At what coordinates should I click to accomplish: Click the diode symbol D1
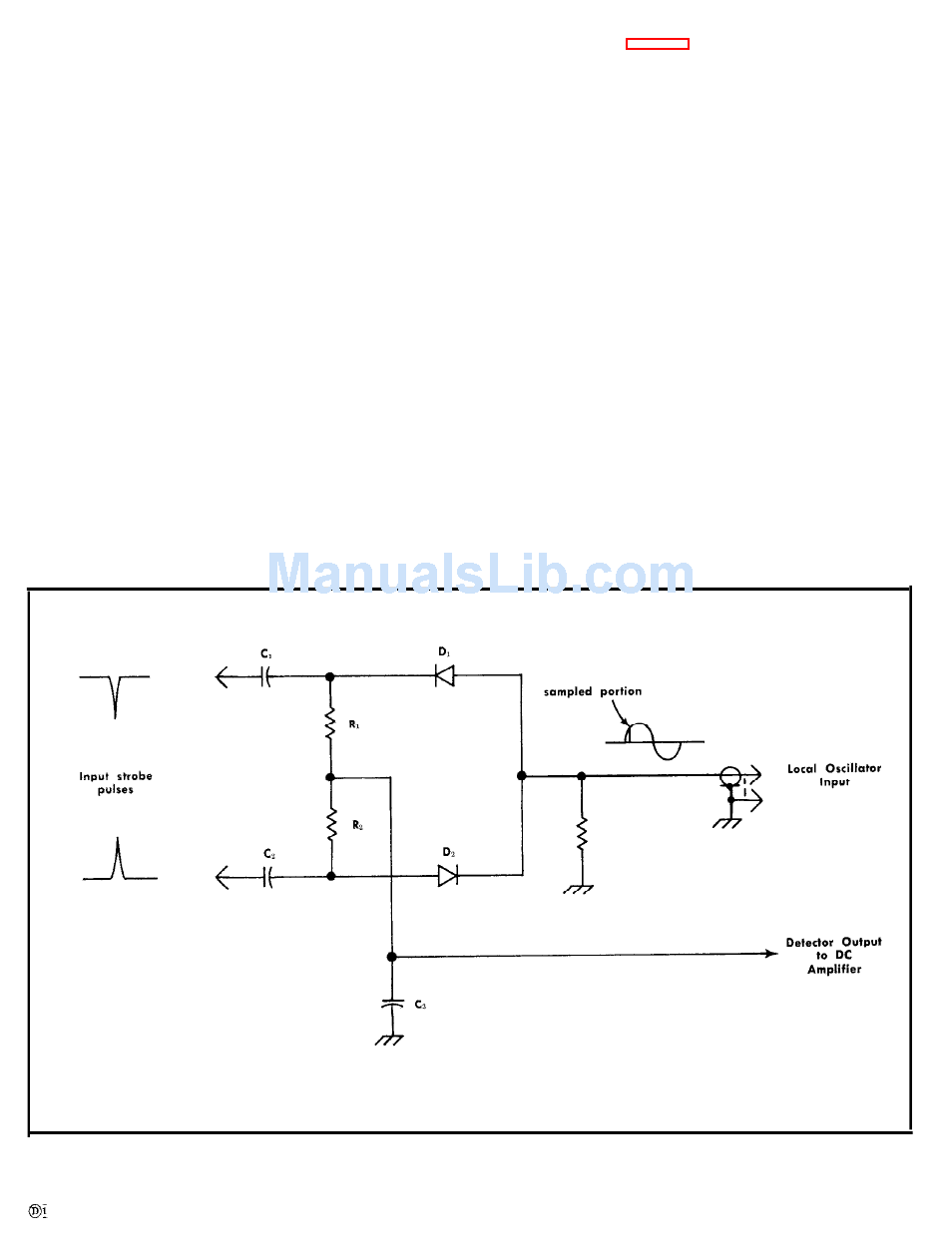tap(445, 675)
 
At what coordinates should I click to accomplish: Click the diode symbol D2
tap(448, 875)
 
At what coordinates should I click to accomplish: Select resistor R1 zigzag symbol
tap(330, 724)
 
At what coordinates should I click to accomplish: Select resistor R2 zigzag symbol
tap(330, 825)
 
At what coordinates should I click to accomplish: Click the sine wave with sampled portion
tap(654, 740)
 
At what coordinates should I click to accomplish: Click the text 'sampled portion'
tap(593, 691)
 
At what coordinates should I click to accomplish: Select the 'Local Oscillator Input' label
tap(834, 775)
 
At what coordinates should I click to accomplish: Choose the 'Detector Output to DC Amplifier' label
tap(834, 955)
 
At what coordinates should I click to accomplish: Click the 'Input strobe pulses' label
tap(116, 782)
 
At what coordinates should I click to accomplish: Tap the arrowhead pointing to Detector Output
tap(771, 954)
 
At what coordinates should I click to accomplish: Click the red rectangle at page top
tap(657, 44)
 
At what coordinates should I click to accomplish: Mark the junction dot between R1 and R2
tap(330, 775)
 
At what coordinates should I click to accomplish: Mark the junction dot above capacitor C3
tap(391, 956)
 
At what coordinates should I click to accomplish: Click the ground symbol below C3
tap(389, 1039)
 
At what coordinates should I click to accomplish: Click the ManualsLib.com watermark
tap(481, 574)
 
